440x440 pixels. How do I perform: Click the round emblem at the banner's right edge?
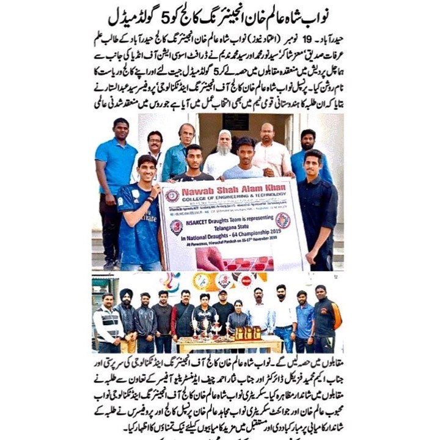282,221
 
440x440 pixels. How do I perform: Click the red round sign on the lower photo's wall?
246,281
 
